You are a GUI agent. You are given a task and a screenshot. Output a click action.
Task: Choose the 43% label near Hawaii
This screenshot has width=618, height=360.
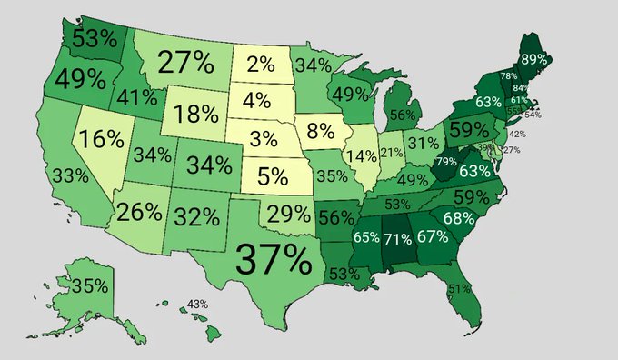198,304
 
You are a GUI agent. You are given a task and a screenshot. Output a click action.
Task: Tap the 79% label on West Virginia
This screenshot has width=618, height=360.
446,162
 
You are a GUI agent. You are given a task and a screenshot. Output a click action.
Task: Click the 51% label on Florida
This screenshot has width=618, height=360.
460,288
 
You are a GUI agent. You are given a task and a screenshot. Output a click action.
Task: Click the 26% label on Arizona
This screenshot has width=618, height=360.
139,212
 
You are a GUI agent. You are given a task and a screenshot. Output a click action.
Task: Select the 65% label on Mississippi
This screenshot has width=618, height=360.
366,239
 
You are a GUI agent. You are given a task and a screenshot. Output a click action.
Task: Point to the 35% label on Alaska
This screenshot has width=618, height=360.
89,285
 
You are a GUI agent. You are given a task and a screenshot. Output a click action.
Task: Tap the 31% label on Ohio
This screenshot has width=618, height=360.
423,143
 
